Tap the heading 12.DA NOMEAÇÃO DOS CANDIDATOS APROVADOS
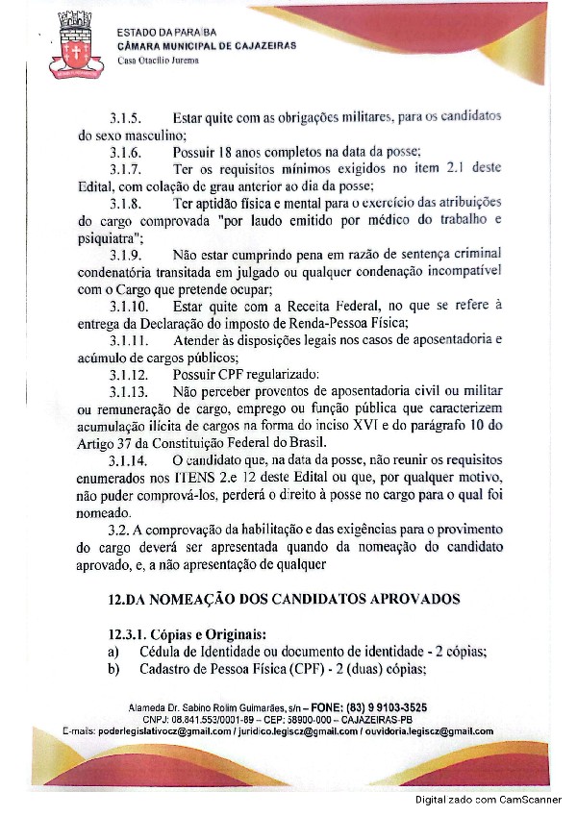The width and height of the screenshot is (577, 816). click(x=285, y=599)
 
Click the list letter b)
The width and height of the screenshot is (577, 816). click(x=113, y=669)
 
